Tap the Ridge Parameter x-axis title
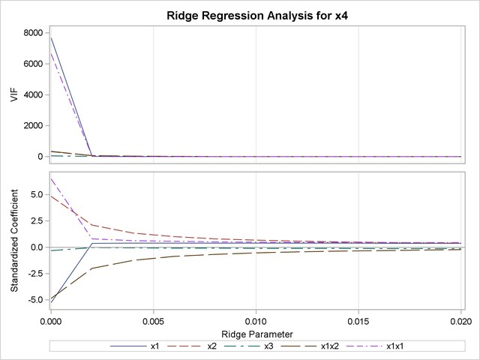coord(255,333)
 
